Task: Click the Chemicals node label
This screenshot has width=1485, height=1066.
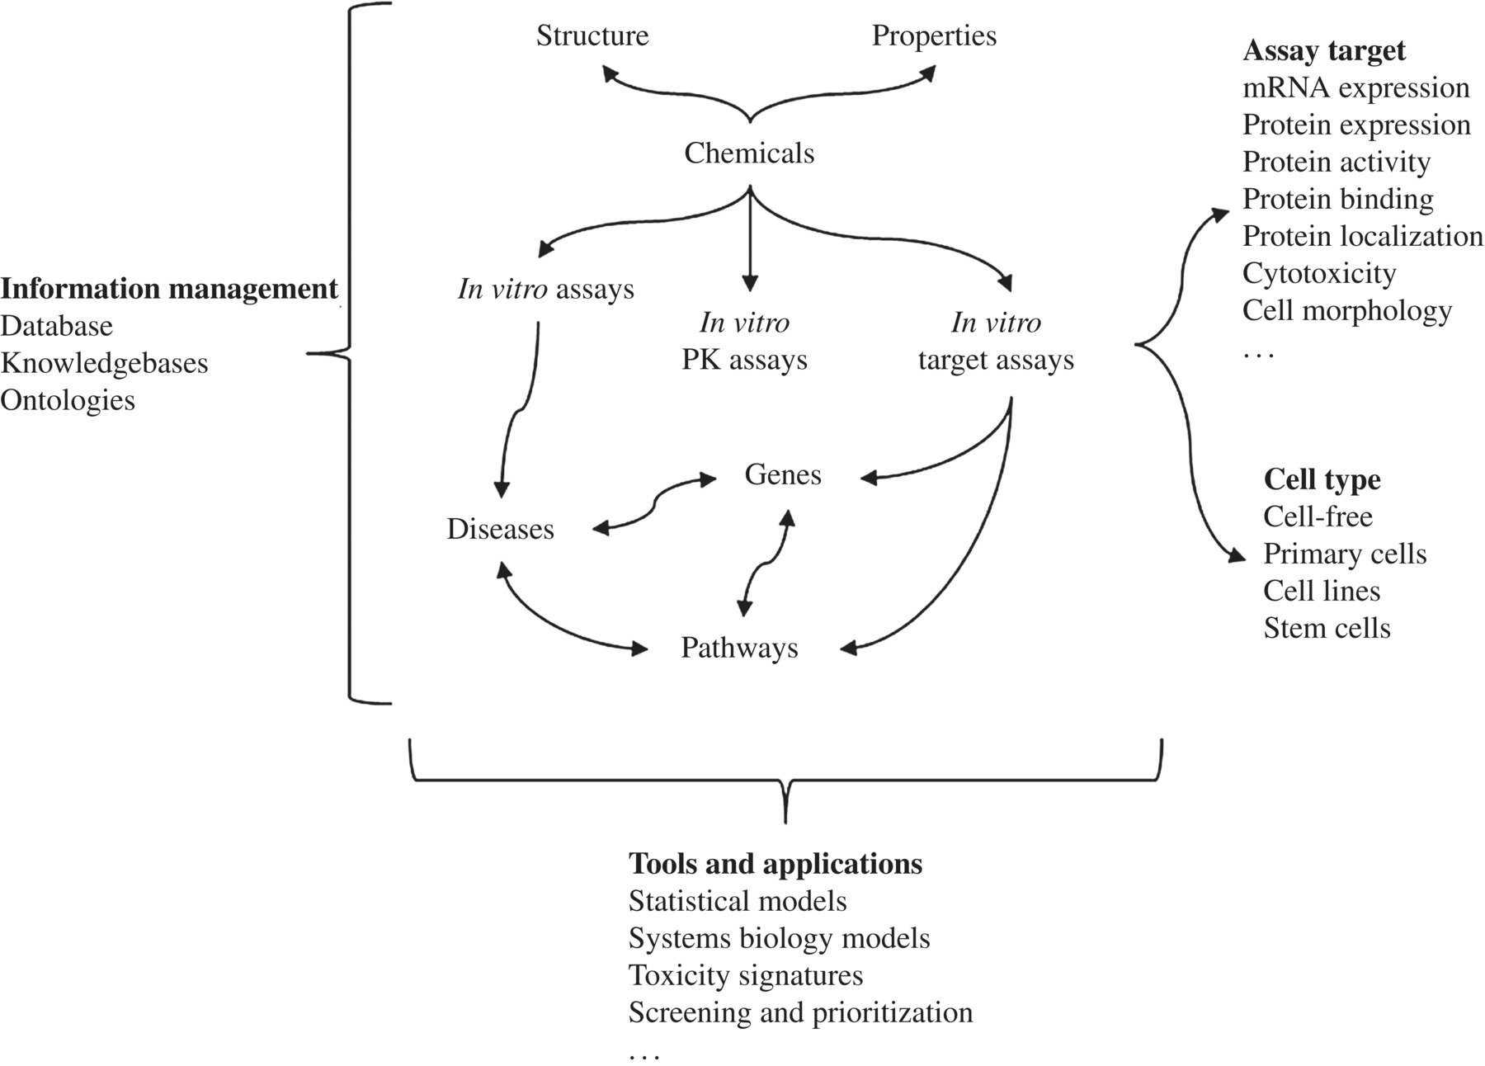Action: [x=749, y=153]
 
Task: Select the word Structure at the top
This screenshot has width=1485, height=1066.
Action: [x=592, y=35]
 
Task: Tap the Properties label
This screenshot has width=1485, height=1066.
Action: [x=934, y=35]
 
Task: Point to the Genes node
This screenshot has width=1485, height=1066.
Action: [x=782, y=474]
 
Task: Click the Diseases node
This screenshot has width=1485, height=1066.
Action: [x=500, y=529]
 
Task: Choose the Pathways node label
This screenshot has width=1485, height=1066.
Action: [x=739, y=648]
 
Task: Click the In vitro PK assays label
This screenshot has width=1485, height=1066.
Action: [x=744, y=342]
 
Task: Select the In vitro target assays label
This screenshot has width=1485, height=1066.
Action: [x=996, y=342]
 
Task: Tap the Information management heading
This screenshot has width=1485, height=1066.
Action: [x=169, y=289]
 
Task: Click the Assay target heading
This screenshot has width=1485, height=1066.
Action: [x=1323, y=50]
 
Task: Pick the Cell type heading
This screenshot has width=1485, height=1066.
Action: [x=1322, y=479]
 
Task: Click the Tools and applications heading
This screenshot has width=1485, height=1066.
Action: [x=775, y=864]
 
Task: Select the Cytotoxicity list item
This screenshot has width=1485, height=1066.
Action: [x=1319, y=273]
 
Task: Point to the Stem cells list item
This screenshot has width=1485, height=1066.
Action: [x=1327, y=628]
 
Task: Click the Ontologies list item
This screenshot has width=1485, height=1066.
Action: [x=68, y=400]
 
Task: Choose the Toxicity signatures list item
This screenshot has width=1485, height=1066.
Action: [x=746, y=975]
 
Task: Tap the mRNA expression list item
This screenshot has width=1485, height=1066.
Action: [x=1355, y=87]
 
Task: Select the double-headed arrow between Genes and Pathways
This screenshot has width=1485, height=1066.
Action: [x=765, y=564]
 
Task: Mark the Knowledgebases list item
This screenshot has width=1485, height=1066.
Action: [x=104, y=363]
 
